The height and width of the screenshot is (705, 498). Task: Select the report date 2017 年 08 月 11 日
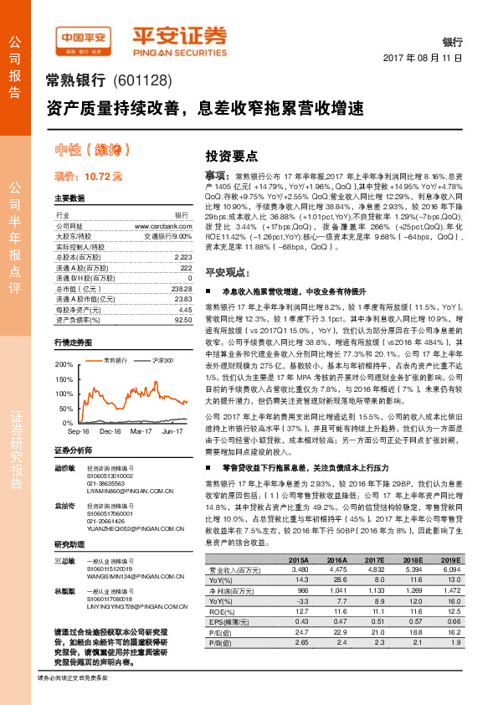click(422, 59)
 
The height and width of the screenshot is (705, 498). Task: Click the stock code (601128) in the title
click(141, 81)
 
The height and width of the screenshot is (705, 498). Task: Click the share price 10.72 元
click(88, 177)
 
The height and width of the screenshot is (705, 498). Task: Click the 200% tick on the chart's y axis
click(64, 365)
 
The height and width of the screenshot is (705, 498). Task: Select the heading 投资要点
click(232, 156)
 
